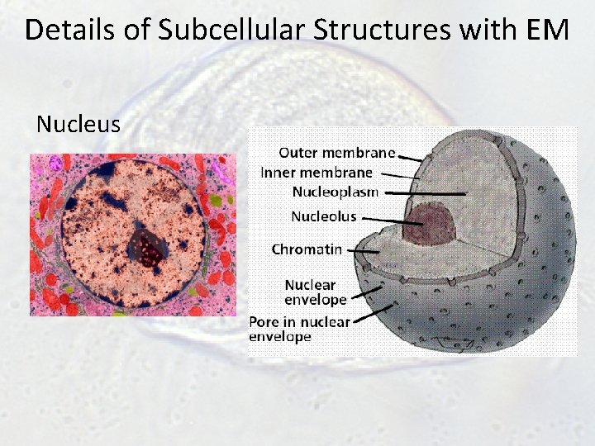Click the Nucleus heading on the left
tap(79, 125)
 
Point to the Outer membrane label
tap(336, 152)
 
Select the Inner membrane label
tap(317, 172)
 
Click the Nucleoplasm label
tap(336, 192)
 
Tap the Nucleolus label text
tap(324, 216)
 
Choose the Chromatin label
tap(307, 248)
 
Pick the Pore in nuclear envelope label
tap(299, 329)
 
